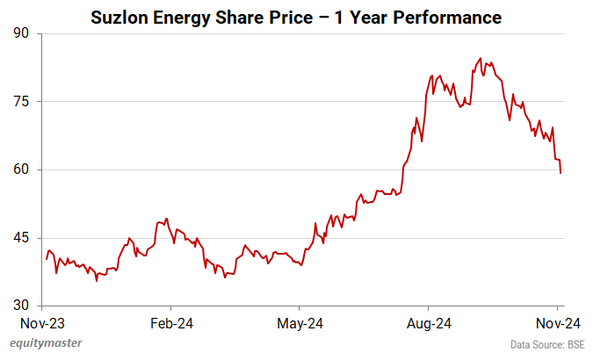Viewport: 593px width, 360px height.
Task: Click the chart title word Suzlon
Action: click(121, 18)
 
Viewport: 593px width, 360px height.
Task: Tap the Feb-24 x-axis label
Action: click(171, 323)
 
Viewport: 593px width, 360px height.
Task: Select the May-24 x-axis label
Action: click(300, 323)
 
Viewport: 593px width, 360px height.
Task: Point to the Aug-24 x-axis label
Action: click(429, 323)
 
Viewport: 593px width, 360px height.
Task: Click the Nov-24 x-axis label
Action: click(556, 323)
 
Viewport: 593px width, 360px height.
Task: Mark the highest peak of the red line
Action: click(481, 58)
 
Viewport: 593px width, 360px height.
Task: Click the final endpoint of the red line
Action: click(560, 173)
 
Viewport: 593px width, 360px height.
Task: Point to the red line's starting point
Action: click(47, 259)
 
